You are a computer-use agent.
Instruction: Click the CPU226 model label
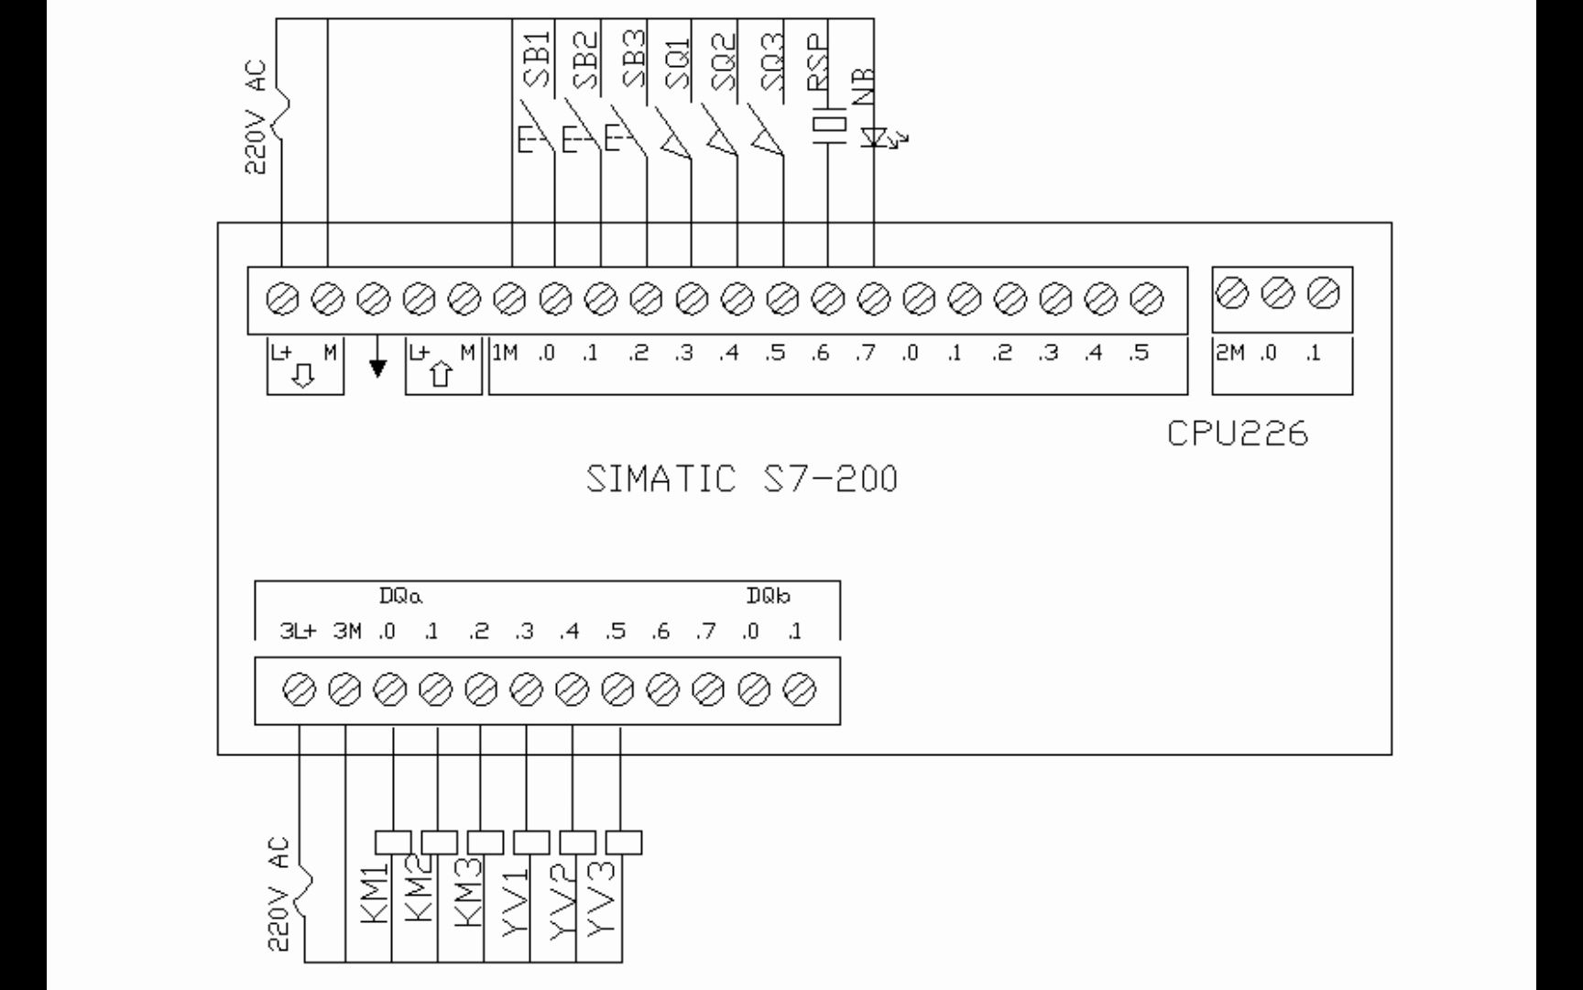pyautogui.click(x=1238, y=434)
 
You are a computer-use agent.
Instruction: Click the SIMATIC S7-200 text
pyautogui.click(x=742, y=478)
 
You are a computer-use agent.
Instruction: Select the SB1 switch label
pyautogui.click(x=537, y=60)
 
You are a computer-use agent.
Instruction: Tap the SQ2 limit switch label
pyautogui.click(x=723, y=60)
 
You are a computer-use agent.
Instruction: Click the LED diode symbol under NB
pyautogui.click(x=875, y=137)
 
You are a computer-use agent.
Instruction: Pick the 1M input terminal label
pyautogui.click(x=505, y=353)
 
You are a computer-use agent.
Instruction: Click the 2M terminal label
pyautogui.click(x=1229, y=353)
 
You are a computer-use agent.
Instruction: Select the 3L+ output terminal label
pyautogui.click(x=298, y=632)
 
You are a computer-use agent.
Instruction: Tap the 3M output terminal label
pyautogui.click(x=347, y=632)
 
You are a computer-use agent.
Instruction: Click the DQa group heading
pyautogui.click(x=400, y=597)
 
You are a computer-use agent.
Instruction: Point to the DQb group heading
pyautogui.click(x=768, y=597)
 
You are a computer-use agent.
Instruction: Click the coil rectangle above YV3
pyautogui.click(x=624, y=841)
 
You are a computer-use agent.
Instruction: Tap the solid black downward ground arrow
pyautogui.click(x=377, y=368)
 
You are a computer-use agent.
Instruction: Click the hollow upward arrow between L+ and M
pyautogui.click(x=442, y=374)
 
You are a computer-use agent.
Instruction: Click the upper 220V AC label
pyautogui.click(x=257, y=117)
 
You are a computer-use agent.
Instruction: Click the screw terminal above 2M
pyautogui.click(x=1231, y=294)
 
